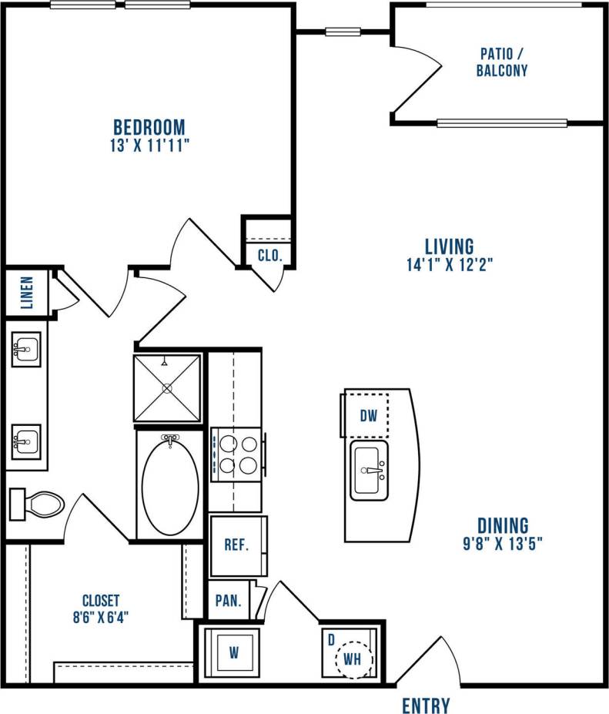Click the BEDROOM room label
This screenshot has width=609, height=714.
coord(149,126)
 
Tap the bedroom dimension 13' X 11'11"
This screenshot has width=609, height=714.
coord(149,146)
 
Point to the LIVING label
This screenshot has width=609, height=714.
coord(449,246)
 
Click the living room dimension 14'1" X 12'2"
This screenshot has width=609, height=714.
coord(449,265)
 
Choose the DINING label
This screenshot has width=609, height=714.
coord(502,526)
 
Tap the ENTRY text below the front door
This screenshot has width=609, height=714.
coord(426,705)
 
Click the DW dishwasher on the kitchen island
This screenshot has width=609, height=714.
coord(369,416)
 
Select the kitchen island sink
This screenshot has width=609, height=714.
coord(370,470)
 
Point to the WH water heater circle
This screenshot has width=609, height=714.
coord(353,659)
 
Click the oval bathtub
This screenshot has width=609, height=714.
coord(170,485)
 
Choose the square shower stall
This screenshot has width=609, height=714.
coord(168,387)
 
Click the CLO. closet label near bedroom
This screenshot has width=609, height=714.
coord(269,255)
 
